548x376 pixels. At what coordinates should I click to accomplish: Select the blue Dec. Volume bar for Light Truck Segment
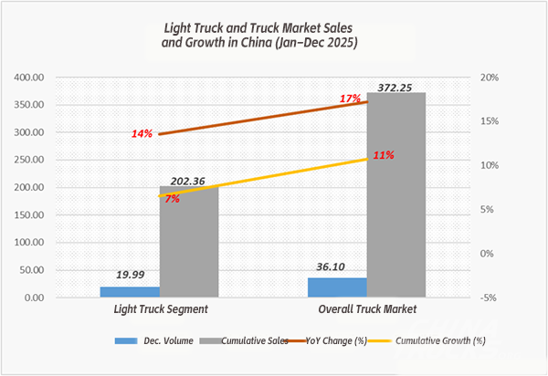[x=130, y=292]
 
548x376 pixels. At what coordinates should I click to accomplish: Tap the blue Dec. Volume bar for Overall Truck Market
[x=337, y=287]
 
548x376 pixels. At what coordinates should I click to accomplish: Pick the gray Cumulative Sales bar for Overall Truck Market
[x=395, y=195]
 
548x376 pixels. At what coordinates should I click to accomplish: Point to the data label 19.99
[x=130, y=276]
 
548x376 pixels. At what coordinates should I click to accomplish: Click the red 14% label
[x=142, y=134]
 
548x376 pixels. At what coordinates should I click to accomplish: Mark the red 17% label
[x=350, y=99]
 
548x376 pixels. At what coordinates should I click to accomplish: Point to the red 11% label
[x=383, y=155]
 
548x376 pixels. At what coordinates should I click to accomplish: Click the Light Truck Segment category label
[x=159, y=310]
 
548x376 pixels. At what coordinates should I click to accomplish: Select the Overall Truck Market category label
[x=365, y=310]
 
